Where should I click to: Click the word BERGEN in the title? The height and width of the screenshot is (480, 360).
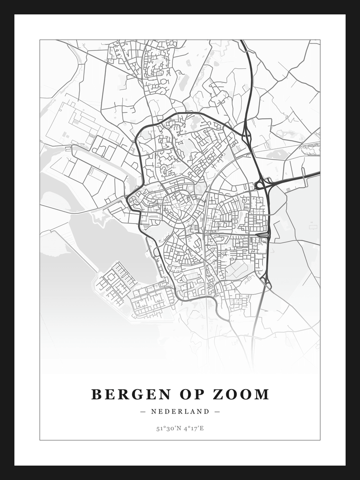pyautogui.click(x=130, y=395)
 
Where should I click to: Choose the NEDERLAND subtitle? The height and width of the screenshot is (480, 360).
pyautogui.click(x=180, y=412)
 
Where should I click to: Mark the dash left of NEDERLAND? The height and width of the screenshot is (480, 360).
pyautogui.click(x=143, y=412)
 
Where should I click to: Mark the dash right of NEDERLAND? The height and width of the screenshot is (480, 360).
pyautogui.click(x=217, y=412)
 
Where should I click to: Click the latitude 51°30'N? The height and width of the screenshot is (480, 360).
pyautogui.click(x=167, y=429)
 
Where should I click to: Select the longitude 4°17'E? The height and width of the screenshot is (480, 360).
pyautogui.click(x=194, y=429)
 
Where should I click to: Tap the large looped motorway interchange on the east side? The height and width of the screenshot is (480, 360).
pyautogui.click(x=263, y=184)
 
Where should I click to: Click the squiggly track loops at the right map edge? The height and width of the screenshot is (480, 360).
pyautogui.click(x=310, y=149)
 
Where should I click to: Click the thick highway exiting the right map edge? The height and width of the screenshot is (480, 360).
pyautogui.click(x=315, y=174)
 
